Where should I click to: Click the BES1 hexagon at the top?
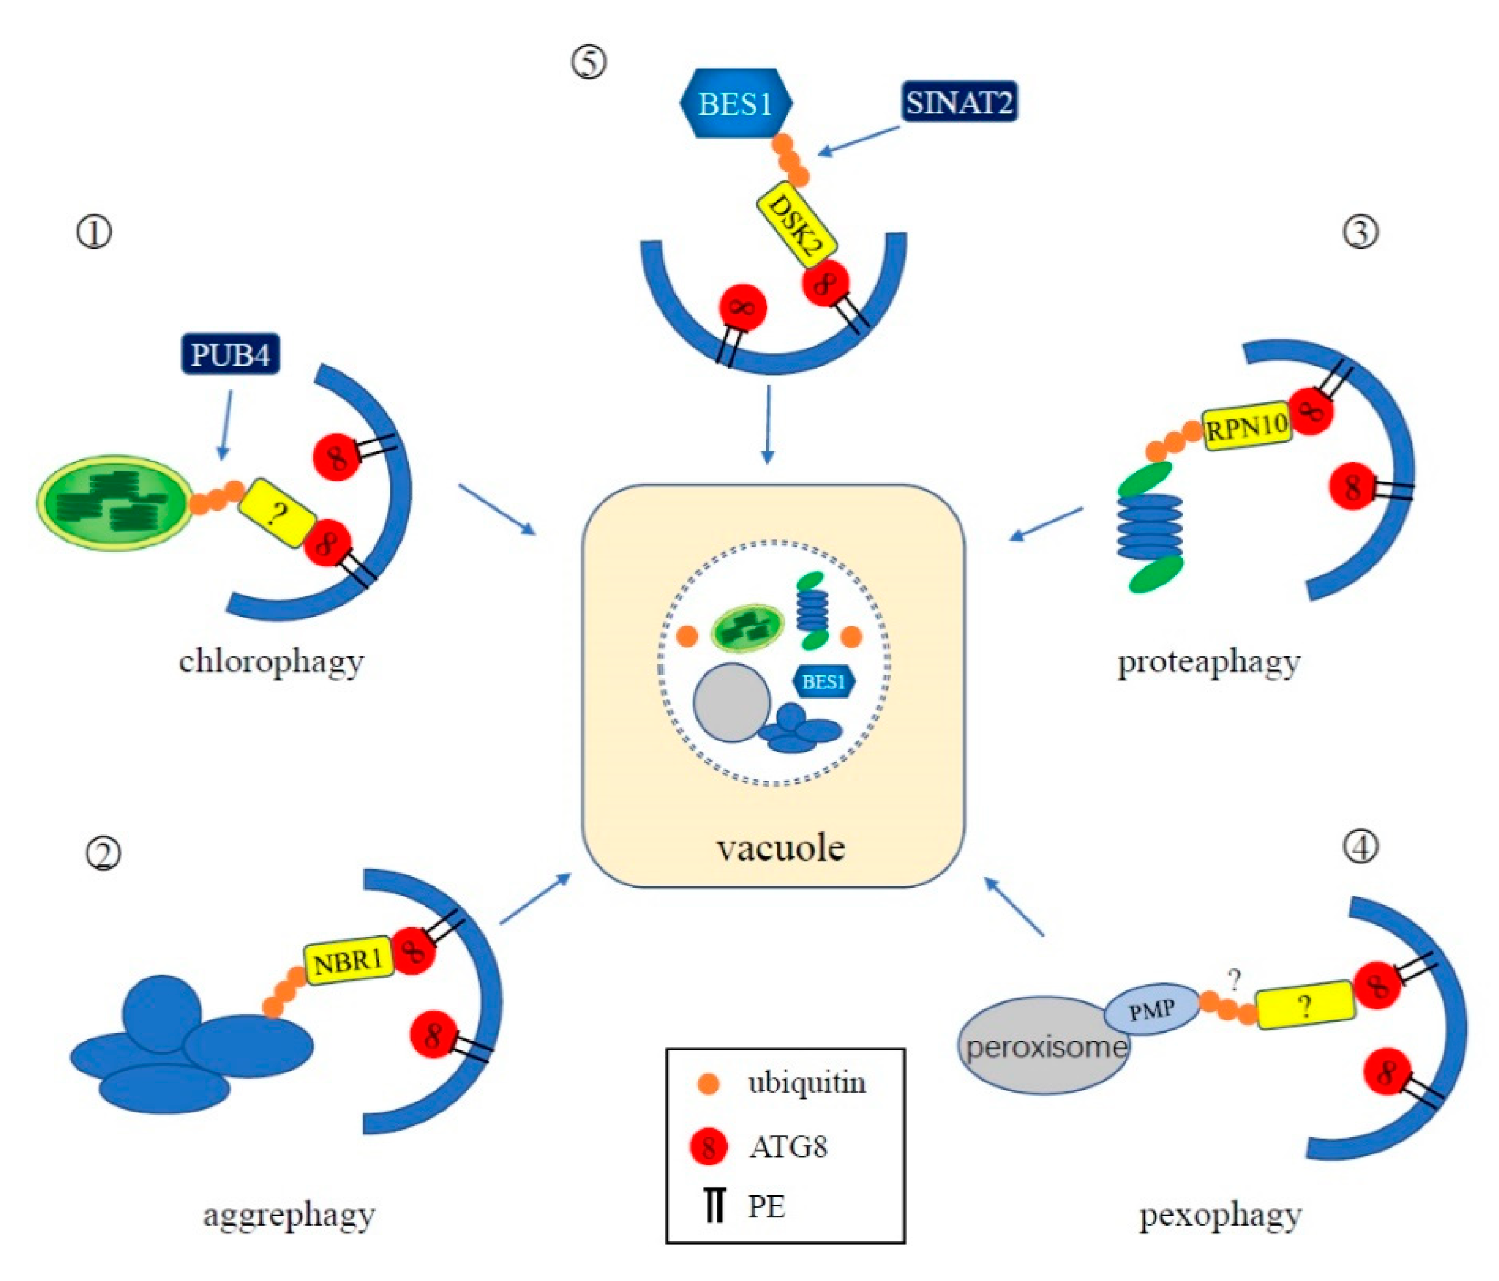tap(735, 103)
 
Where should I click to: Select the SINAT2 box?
tap(959, 102)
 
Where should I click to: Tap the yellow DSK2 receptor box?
tap(796, 227)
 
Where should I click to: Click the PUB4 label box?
tap(230, 354)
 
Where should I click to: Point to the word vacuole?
tap(781, 847)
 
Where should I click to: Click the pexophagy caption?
tap(1220, 1216)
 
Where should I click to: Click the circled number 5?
tap(589, 63)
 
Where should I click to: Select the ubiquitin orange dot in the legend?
tap(708, 1083)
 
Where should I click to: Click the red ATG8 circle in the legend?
tap(709, 1146)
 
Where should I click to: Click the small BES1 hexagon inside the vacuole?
tap(823, 681)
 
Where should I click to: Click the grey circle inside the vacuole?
tap(732, 703)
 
